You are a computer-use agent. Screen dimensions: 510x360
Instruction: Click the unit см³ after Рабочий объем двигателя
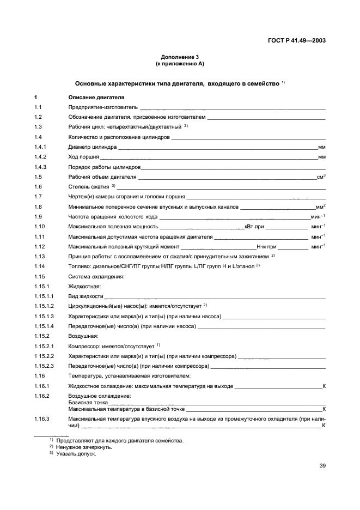coord(321,177)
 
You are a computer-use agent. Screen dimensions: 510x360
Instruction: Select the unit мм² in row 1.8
coord(320,207)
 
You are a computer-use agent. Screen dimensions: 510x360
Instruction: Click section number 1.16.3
coord(42,418)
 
